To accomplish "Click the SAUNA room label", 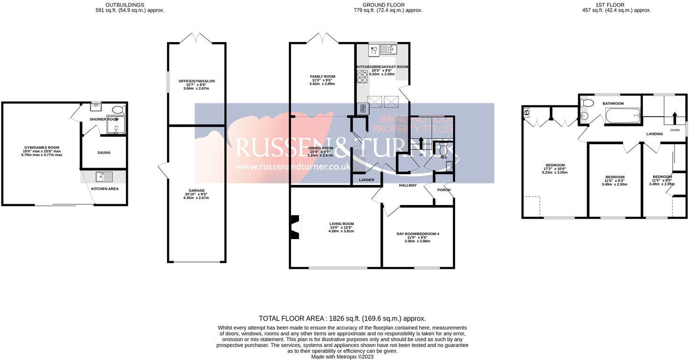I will (104, 153).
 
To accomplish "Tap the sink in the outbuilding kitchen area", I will (103, 176).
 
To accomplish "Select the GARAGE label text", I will (197, 191).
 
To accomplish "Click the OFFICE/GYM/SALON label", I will (197, 81).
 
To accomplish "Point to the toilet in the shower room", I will (119, 110).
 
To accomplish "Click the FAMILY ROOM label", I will (323, 76).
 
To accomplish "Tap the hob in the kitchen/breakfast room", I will (362, 77).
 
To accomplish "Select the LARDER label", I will (366, 180).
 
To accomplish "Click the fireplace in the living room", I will (295, 227).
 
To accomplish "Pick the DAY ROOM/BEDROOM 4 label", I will (418, 234).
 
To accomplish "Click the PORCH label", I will (443, 190).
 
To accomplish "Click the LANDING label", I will (654, 134).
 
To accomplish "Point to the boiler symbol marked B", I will (527, 112).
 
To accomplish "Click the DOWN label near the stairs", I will (674, 130).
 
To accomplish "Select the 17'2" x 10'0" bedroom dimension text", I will (555, 169).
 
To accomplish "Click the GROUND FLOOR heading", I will (377, 5).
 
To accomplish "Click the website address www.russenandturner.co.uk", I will (293, 167).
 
